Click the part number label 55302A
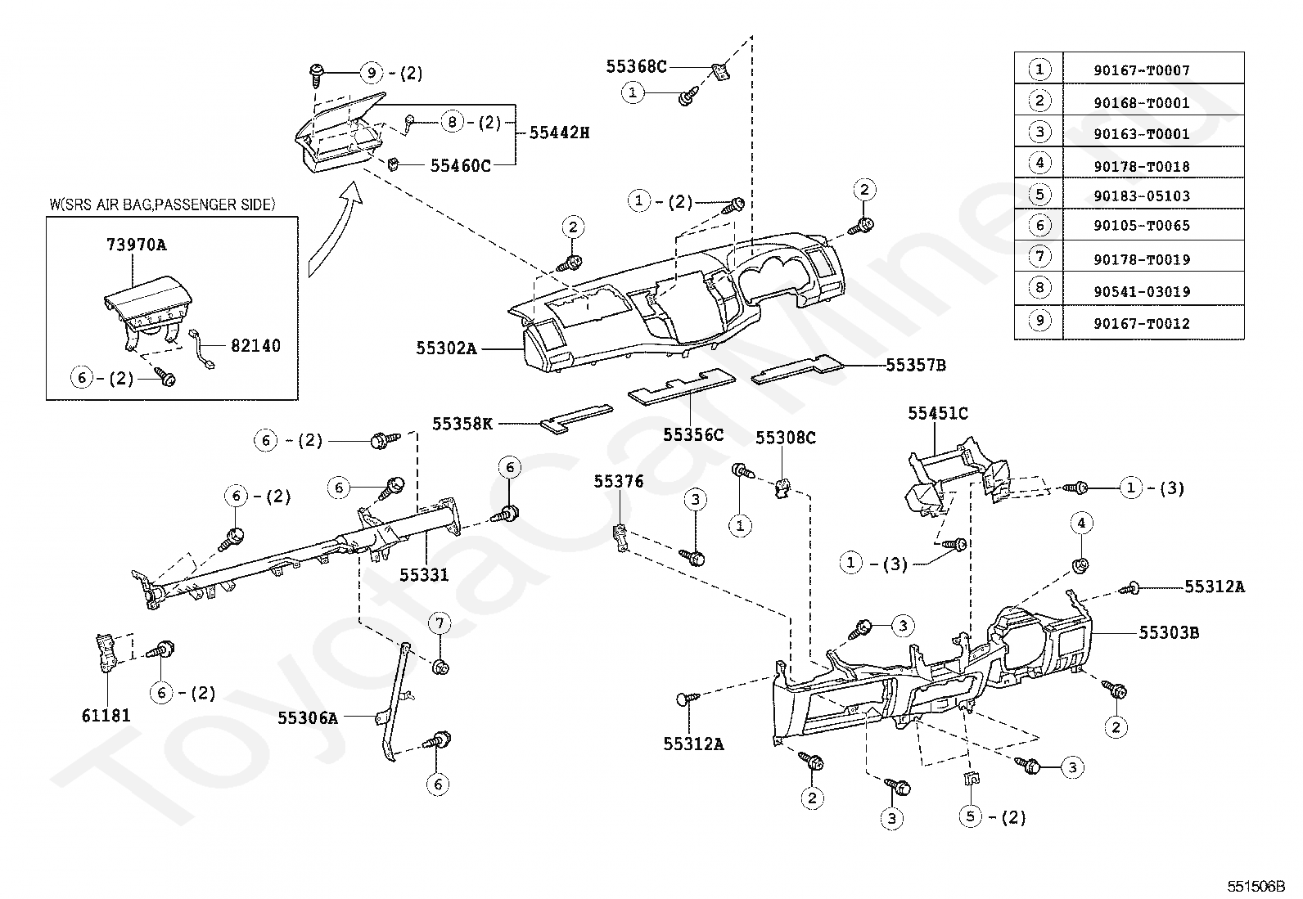click(x=446, y=348)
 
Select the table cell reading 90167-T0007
click(x=1141, y=70)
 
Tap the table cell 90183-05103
click(x=1141, y=196)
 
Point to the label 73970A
click(x=136, y=245)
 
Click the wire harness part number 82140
click(x=255, y=345)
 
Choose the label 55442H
click(x=559, y=133)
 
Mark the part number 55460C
click(x=460, y=166)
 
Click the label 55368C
click(x=636, y=66)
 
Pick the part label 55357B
click(x=916, y=365)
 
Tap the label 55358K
click(x=462, y=424)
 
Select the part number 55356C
click(x=693, y=435)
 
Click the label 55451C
click(x=938, y=413)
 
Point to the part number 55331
click(x=423, y=575)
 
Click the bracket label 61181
click(x=106, y=715)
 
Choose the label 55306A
click(x=307, y=718)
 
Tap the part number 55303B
click(x=1169, y=632)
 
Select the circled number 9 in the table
click(x=1039, y=321)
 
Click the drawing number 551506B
click(x=1256, y=886)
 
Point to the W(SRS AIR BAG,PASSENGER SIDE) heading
click(x=162, y=205)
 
